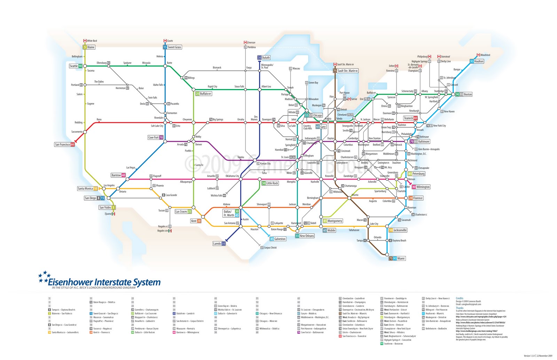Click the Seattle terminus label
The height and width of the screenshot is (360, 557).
tap(76, 66)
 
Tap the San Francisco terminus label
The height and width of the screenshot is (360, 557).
tap(64, 144)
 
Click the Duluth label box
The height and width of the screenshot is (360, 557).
tap(264, 57)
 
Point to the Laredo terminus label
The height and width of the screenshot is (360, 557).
tap(219, 243)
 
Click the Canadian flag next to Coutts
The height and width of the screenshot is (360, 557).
tap(165, 41)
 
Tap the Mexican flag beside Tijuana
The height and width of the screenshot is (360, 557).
tap(113, 214)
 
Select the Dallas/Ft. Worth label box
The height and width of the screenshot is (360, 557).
tap(231, 213)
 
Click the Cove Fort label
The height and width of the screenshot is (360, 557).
tap(155, 137)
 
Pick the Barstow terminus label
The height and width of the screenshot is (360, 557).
tap(118, 175)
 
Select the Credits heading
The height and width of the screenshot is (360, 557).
tap(460, 298)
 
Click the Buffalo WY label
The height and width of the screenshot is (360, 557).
tap(204, 94)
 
